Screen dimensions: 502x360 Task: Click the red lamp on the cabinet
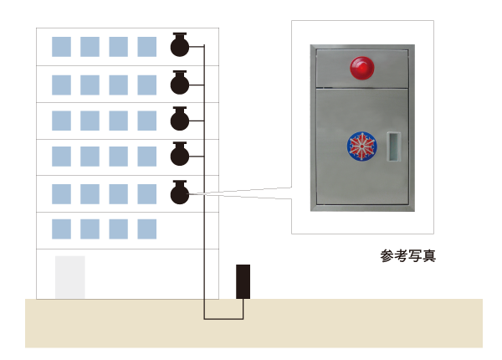pyautogui.click(x=361, y=68)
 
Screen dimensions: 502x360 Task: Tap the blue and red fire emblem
pyautogui.click(x=361, y=147)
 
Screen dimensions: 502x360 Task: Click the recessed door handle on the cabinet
pyautogui.click(x=393, y=147)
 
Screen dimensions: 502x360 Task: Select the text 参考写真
pyautogui.click(x=408, y=256)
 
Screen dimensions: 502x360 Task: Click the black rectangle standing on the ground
pyautogui.click(x=243, y=281)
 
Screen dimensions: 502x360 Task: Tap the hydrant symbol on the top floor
pyautogui.click(x=180, y=44)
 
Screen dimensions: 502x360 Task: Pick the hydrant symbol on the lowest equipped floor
pyautogui.click(x=180, y=193)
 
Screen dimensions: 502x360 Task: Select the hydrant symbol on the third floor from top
pyautogui.click(x=180, y=119)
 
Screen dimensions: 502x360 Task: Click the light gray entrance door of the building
pyautogui.click(x=70, y=277)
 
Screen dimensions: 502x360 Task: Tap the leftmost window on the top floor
pyautogui.click(x=61, y=47)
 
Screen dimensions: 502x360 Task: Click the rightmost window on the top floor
pyautogui.click(x=147, y=47)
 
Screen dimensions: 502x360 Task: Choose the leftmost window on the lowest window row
pyautogui.click(x=61, y=229)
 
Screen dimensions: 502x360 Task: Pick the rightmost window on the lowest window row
pyautogui.click(x=147, y=229)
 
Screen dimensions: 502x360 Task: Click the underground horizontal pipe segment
pyautogui.click(x=223, y=319)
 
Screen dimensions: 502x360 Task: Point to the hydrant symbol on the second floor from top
pyautogui.click(x=180, y=83)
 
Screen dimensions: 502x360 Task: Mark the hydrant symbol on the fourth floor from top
pyautogui.click(x=180, y=154)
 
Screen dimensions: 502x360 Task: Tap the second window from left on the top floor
pyautogui.click(x=90, y=47)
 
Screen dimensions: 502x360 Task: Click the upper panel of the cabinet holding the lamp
pyautogui.click(x=362, y=68)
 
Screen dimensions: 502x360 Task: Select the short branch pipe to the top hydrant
pyautogui.click(x=197, y=46)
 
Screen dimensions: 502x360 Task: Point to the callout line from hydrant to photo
pyautogui.click(x=240, y=193)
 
